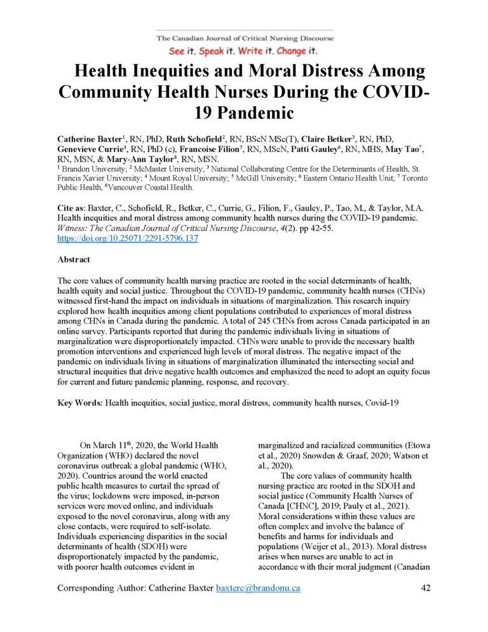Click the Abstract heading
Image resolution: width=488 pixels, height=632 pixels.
(74, 260)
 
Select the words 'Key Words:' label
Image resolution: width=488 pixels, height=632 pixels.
(80, 403)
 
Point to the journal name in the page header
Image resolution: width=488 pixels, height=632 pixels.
(245, 38)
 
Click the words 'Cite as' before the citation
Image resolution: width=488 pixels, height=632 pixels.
(74, 208)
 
